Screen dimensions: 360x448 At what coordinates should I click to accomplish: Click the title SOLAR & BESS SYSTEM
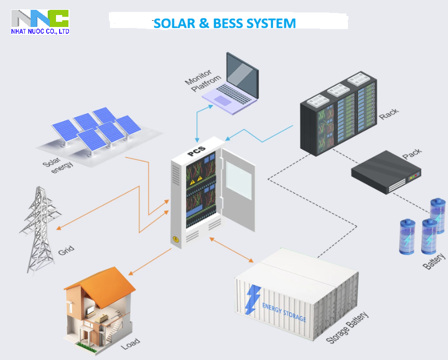[x=225, y=23]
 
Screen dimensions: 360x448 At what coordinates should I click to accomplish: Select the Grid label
[x=66, y=250]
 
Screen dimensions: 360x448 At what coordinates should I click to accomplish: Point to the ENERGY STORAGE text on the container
[x=284, y=312]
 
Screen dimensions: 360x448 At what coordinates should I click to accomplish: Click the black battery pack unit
[x=386, y=172]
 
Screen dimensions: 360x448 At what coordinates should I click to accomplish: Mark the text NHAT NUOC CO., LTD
[x=40, y=32]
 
